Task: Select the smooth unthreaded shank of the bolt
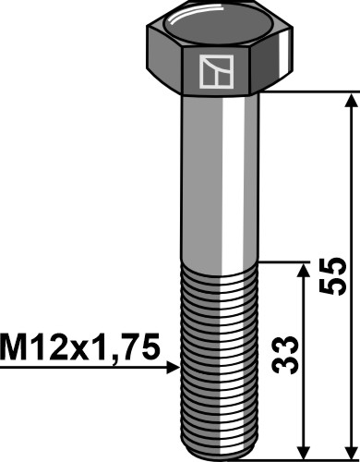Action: coord(219,176)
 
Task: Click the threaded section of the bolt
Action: coord(219,351)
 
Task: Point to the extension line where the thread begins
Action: coord(286,261)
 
